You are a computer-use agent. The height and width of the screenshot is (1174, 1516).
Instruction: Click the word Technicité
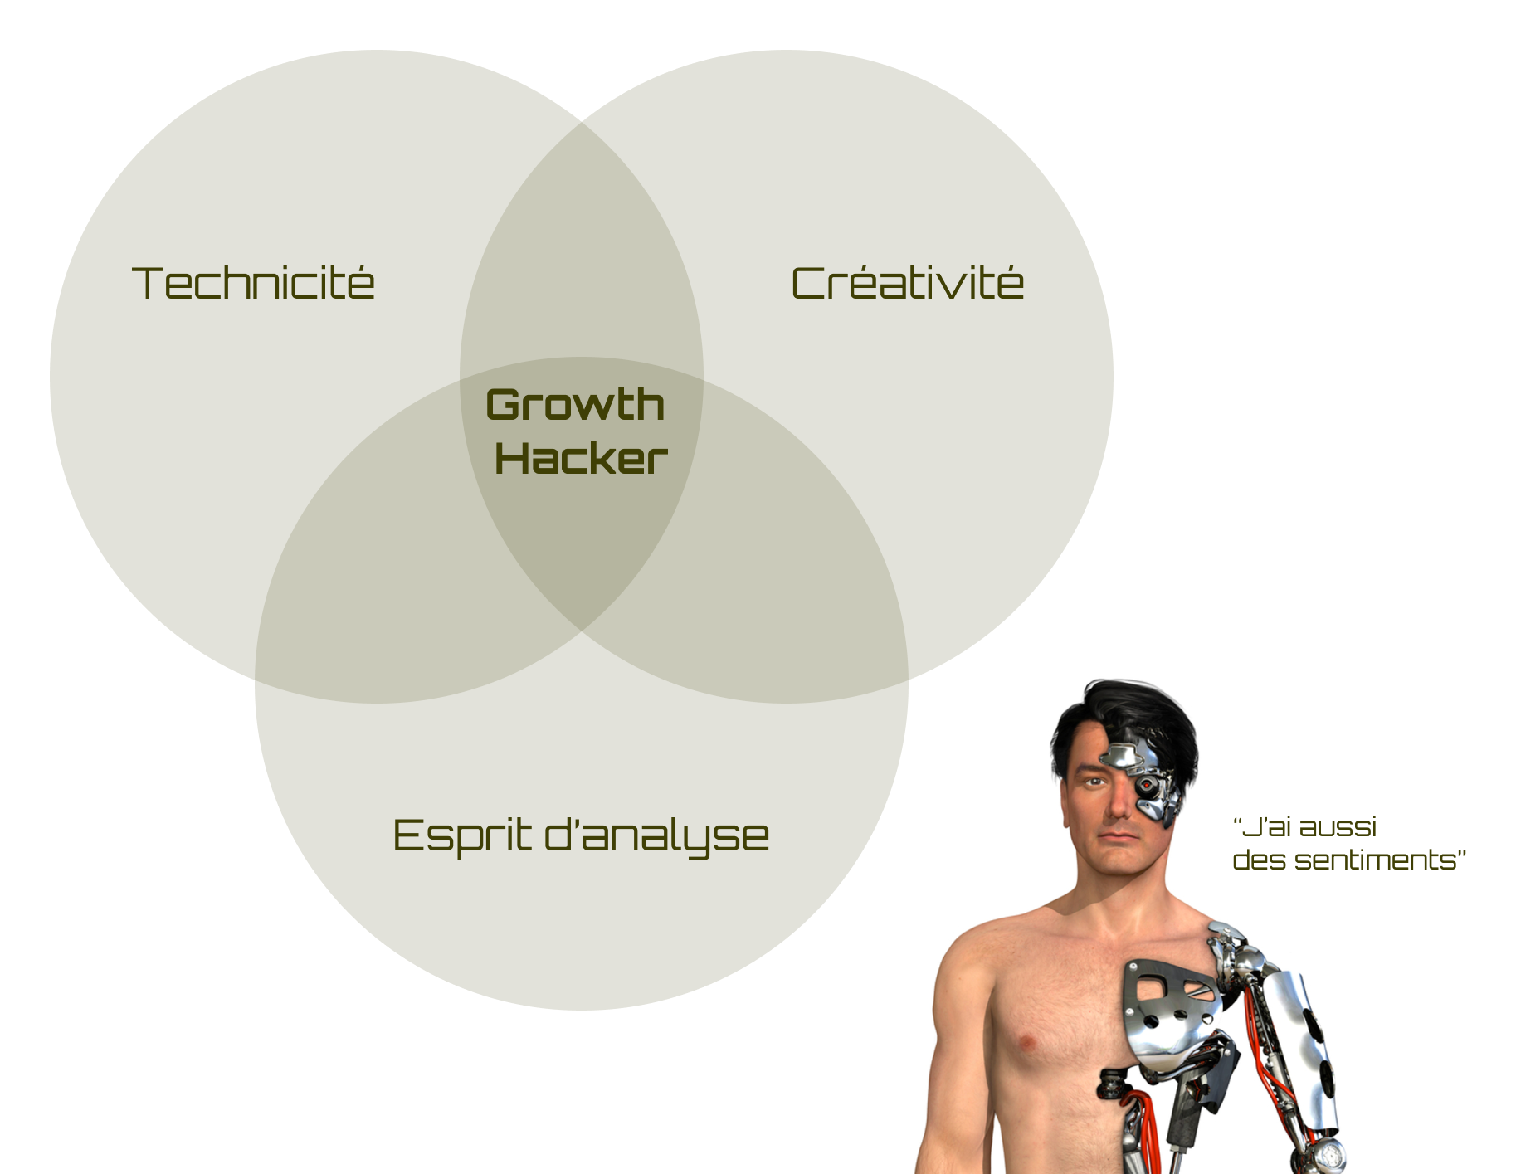pos(253,283)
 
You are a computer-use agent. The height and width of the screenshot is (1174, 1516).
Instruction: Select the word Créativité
pos(907,283)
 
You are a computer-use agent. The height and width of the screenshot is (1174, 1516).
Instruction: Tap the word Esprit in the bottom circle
pos(461,835)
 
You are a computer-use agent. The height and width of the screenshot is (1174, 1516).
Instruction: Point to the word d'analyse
pos(656,835)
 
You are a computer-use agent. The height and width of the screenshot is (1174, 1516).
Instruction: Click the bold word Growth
pos(575,406)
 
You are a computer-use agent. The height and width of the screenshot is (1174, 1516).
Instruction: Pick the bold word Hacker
pos(581,459)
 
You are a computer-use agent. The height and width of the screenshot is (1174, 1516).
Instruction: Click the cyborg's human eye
pos(1094,782)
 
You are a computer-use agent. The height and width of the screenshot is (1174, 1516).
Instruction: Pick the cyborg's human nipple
pos(1026,1041)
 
